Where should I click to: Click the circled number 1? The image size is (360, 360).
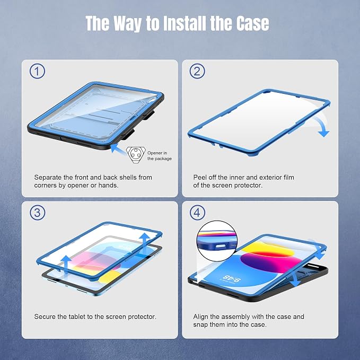[x=37, y=71]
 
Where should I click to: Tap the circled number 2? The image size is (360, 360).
[x=197, y=71]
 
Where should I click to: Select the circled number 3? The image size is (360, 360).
[x=37, y=213]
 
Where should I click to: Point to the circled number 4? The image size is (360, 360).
[x=197, y=213]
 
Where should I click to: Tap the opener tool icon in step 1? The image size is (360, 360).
[x=136, y=155]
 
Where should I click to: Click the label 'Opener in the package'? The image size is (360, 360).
[x=160, y=156]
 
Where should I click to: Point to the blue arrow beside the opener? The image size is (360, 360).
[x=118, y=148]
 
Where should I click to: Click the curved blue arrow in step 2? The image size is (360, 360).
[x=321, y=126]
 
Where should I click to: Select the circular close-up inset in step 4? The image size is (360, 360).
[x=217, y=241]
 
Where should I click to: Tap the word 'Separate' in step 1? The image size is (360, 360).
[x=48, y=178]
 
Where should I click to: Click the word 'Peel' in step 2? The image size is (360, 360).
[x=200, y=178]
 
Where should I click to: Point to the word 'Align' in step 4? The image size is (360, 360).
[x=200, y=317]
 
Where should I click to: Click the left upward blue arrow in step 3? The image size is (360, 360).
[x=66, y=264]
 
